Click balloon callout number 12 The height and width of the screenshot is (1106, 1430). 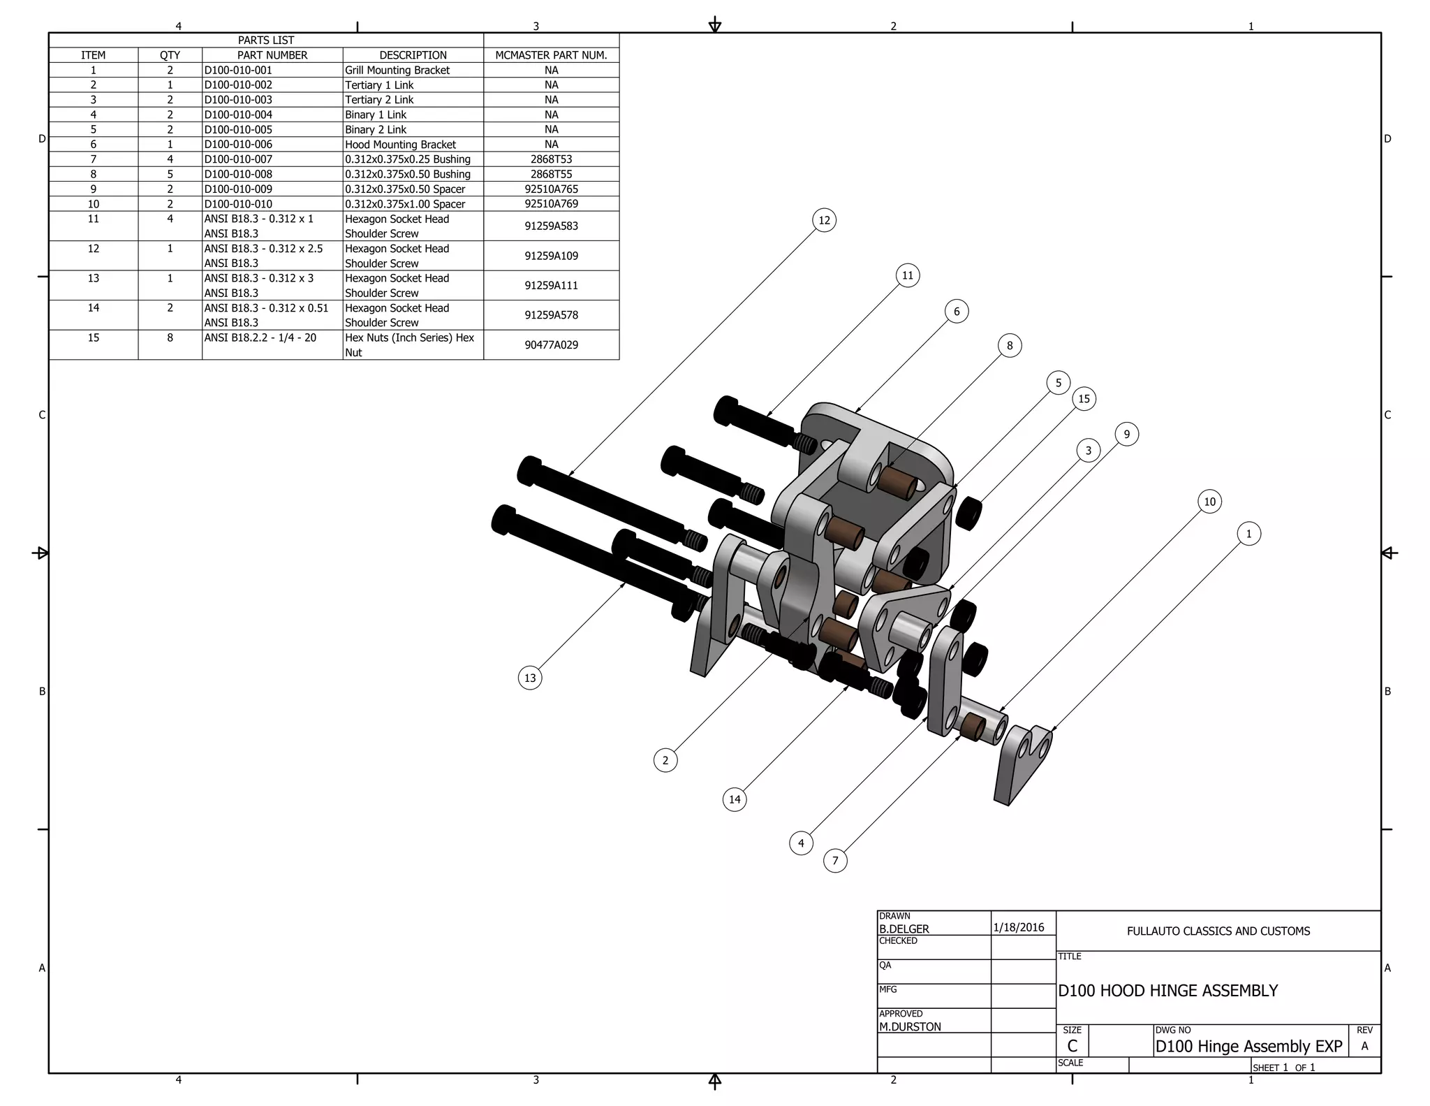click(824, 220)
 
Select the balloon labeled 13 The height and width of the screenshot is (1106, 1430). click(530, 678)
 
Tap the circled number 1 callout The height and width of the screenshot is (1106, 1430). click(1248, 534)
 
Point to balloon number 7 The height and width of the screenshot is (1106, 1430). click(835, 860)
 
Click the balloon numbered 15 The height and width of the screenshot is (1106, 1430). click(1084, 399)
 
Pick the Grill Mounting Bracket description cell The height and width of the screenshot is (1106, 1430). click(397, 70)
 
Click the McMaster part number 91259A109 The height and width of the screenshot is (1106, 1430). click(551, 256)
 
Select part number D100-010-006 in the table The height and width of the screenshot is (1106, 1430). click(238, 144)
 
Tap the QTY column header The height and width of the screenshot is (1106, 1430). click(170, 55)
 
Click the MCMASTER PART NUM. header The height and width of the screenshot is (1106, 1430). click(551, 55)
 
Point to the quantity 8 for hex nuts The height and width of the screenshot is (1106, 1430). click(170, 337)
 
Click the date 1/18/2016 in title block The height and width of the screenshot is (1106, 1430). click(1018, 927)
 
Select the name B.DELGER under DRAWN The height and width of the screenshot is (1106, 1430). click(904, 929)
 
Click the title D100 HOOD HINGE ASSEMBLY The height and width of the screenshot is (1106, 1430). click(1167, 991)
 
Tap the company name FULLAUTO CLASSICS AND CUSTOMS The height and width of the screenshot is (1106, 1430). click(1218, 931)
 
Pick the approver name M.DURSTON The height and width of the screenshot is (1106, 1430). click(910, 1026)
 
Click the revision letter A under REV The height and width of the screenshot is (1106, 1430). click(1364, 1046)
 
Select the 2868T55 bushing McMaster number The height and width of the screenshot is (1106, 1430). click(551, 174)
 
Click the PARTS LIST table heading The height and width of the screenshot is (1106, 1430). click(266, 41)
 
